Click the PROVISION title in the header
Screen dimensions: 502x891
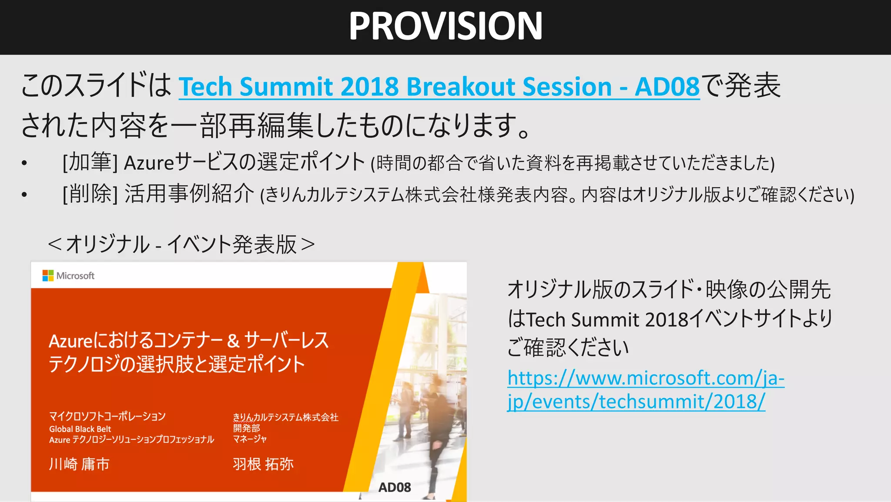tap(445, 26)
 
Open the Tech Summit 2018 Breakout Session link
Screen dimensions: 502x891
tap(439, 87)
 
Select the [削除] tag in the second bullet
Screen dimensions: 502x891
tap(90, 194)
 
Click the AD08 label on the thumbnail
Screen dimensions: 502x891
tap(395, 487)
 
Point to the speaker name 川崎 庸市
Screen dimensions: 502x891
tap(79, 464)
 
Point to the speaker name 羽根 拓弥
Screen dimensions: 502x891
tap(263, 464)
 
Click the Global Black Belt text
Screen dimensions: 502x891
tap(80, 429)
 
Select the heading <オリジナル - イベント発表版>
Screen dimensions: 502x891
tap(181, 244)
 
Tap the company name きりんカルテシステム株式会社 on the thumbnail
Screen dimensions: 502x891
tap(285, 417)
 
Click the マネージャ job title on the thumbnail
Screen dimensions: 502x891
tap(250, 439)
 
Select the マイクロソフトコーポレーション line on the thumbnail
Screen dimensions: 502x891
tap(107, 416)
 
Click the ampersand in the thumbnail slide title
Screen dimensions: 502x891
tap(233, 341)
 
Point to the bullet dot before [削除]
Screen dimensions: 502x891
tap(24, 195)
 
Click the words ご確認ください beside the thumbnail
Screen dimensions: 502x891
tap(568, 348)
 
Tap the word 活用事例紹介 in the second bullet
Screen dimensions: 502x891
tap(189, 194)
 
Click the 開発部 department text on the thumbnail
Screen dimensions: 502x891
tap(246, 428)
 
